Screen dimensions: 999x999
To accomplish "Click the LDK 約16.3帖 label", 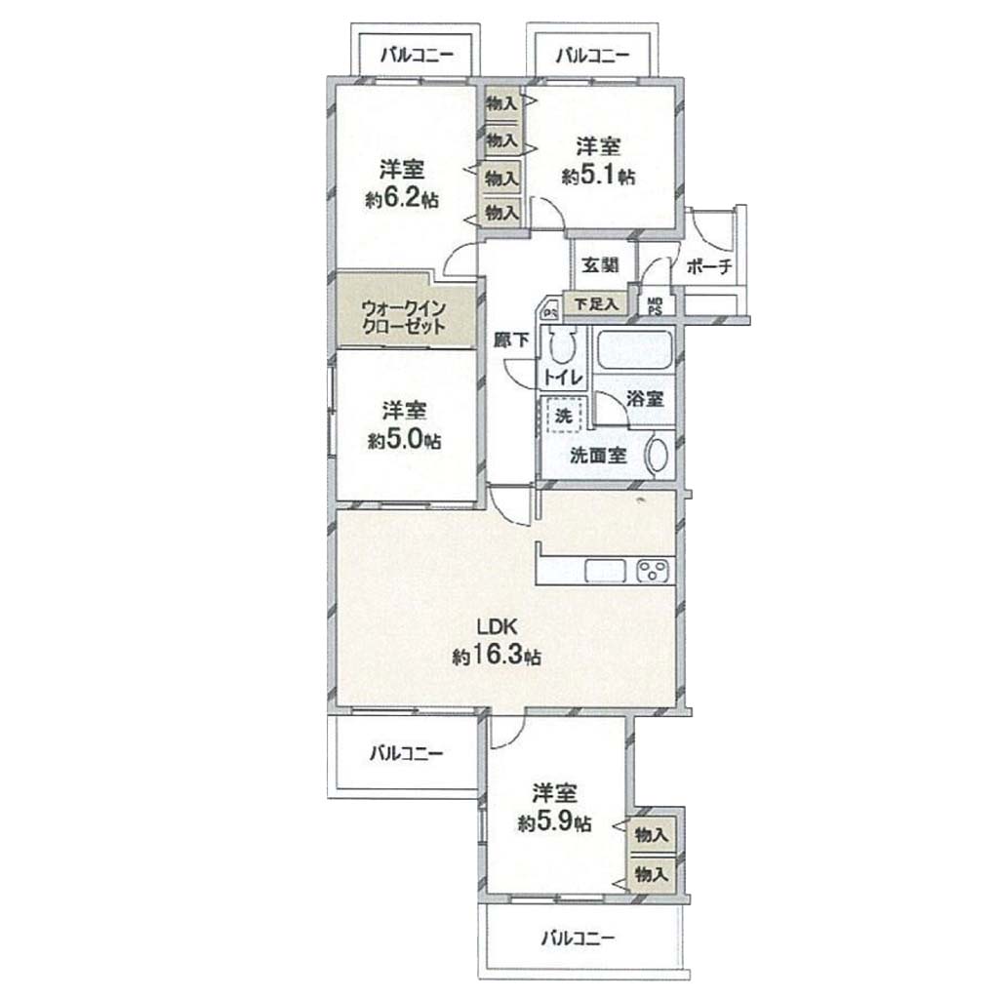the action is tap(497, 641).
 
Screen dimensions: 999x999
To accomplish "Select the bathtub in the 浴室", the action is tap(634, 351).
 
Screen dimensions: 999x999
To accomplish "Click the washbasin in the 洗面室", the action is tap(657, 455).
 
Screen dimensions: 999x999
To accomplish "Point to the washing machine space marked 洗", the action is tap(562, 416).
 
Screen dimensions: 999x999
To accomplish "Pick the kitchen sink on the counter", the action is tap(606, 570).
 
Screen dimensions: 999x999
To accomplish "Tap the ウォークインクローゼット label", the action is tap(403, 317).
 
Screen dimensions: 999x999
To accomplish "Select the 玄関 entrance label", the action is tap(600, 264).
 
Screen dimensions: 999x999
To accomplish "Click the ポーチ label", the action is tap(709, 266).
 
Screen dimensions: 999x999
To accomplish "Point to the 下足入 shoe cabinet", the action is tap(596, 303).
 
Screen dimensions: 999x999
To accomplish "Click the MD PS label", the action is tap(655, 305).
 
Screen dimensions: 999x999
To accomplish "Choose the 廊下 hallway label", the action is tap(511, 340).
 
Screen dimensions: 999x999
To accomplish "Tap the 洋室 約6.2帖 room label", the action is tap(402, 184).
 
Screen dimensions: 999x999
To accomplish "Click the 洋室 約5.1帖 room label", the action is tap(598, 161).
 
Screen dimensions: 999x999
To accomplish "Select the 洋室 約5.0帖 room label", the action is tap(404, 424).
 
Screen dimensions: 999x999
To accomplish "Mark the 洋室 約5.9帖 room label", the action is tap(554, 808).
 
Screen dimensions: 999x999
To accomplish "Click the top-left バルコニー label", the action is tap(417, 55).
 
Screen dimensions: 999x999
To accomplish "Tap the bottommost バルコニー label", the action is tap(579, 938).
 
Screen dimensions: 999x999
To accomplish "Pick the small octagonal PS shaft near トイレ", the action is tap(551, 311).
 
